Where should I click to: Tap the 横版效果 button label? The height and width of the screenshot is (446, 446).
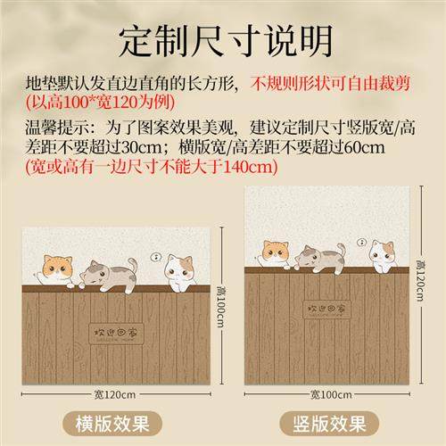point(111,421)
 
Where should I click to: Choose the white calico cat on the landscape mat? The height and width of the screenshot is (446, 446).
point(179,271)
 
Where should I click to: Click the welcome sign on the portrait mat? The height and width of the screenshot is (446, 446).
point(326,310)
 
